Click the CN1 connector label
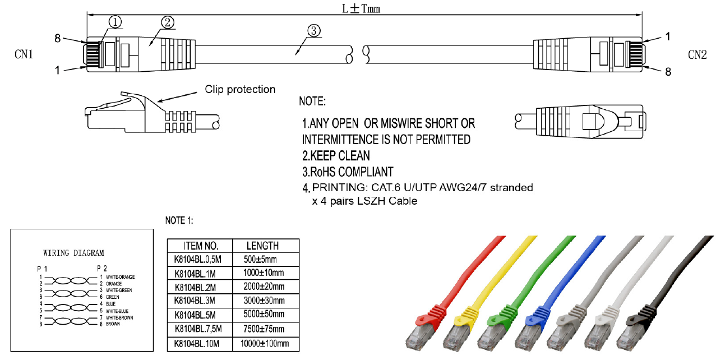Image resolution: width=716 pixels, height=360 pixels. [x=24, y=55]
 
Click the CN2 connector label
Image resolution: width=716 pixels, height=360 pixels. [x=697, y=54]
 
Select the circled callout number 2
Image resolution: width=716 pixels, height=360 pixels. [x=167, y=22]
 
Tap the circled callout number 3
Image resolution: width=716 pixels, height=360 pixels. [x=314, y=31]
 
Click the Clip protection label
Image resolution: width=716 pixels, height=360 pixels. [x=240, y=90]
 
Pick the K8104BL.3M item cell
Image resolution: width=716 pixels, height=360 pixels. [x=195, y=301]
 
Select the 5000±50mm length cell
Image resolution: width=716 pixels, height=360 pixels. [x=264, y=315]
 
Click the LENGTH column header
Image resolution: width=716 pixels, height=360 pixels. [x=262, y=246]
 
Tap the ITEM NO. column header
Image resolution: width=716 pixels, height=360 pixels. [x=201, y=246]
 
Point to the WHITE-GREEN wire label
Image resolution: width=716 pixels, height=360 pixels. [x=118, y=290]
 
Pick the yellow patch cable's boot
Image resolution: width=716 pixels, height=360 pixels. [x=470, y=316]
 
